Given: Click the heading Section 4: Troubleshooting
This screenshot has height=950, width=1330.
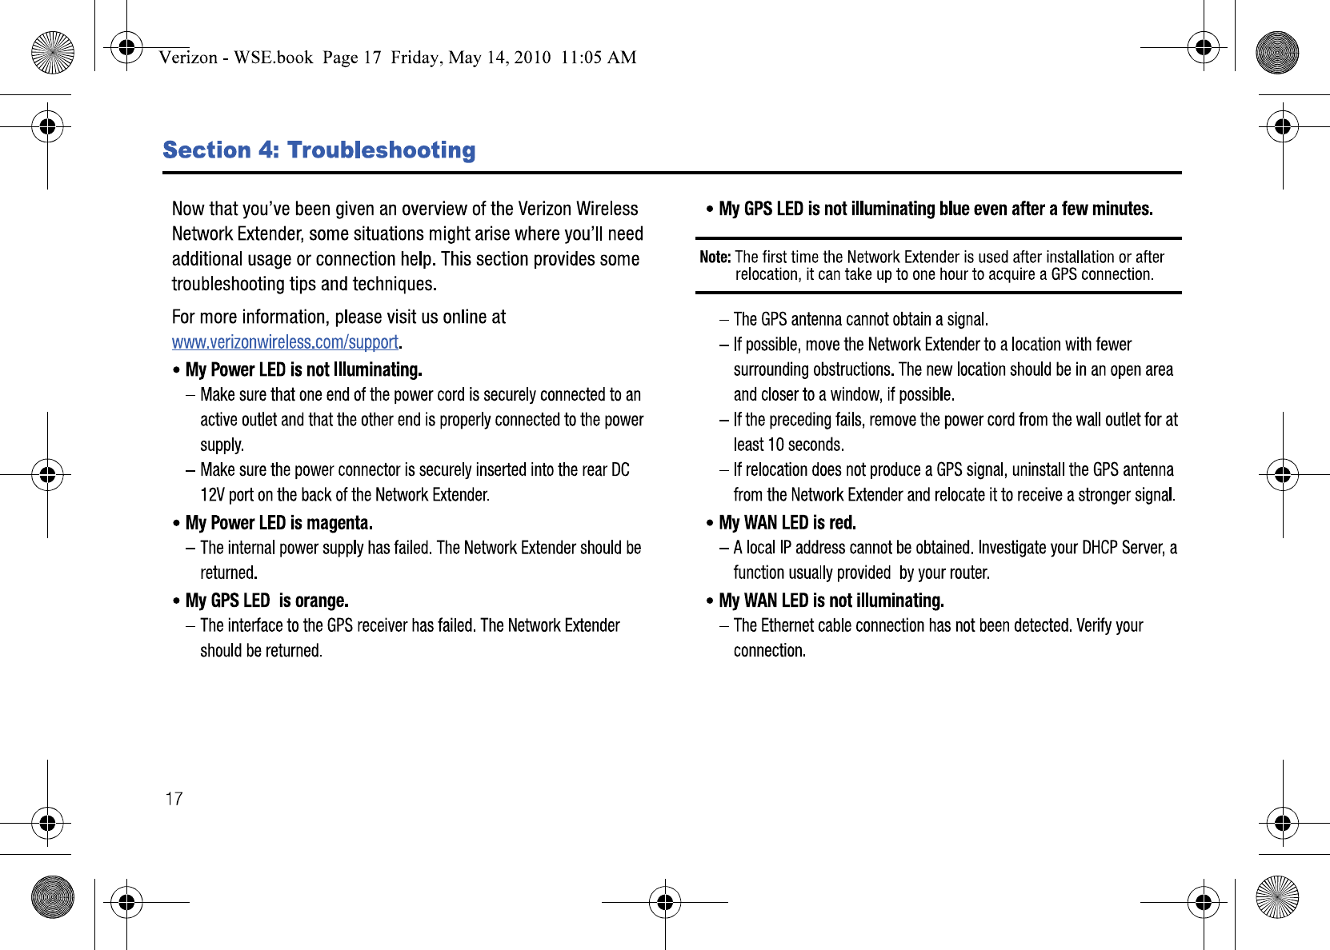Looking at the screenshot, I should click(318, 150).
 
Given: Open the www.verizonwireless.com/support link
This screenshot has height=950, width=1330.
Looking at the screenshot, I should click(285, 342).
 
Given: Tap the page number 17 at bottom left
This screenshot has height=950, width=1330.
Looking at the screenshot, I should click(174, 799).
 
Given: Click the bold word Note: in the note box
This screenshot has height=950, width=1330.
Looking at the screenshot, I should click(715, 257).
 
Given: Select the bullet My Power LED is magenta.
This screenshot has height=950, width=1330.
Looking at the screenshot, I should click(278, 523).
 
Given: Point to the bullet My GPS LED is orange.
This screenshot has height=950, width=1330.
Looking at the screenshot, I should click(266, 601).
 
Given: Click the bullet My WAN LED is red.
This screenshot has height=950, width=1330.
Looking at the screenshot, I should click(787, 523).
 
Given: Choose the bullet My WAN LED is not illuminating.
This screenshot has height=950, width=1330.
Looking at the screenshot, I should click(831, 601).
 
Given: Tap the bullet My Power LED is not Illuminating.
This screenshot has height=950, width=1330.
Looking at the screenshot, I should click(303, 369).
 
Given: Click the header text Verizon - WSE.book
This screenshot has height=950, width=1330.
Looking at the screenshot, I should click(235, 58).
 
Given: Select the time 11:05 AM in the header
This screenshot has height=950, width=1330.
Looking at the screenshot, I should click(599, 58).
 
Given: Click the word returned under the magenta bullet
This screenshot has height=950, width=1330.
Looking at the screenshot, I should click(227, 573).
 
